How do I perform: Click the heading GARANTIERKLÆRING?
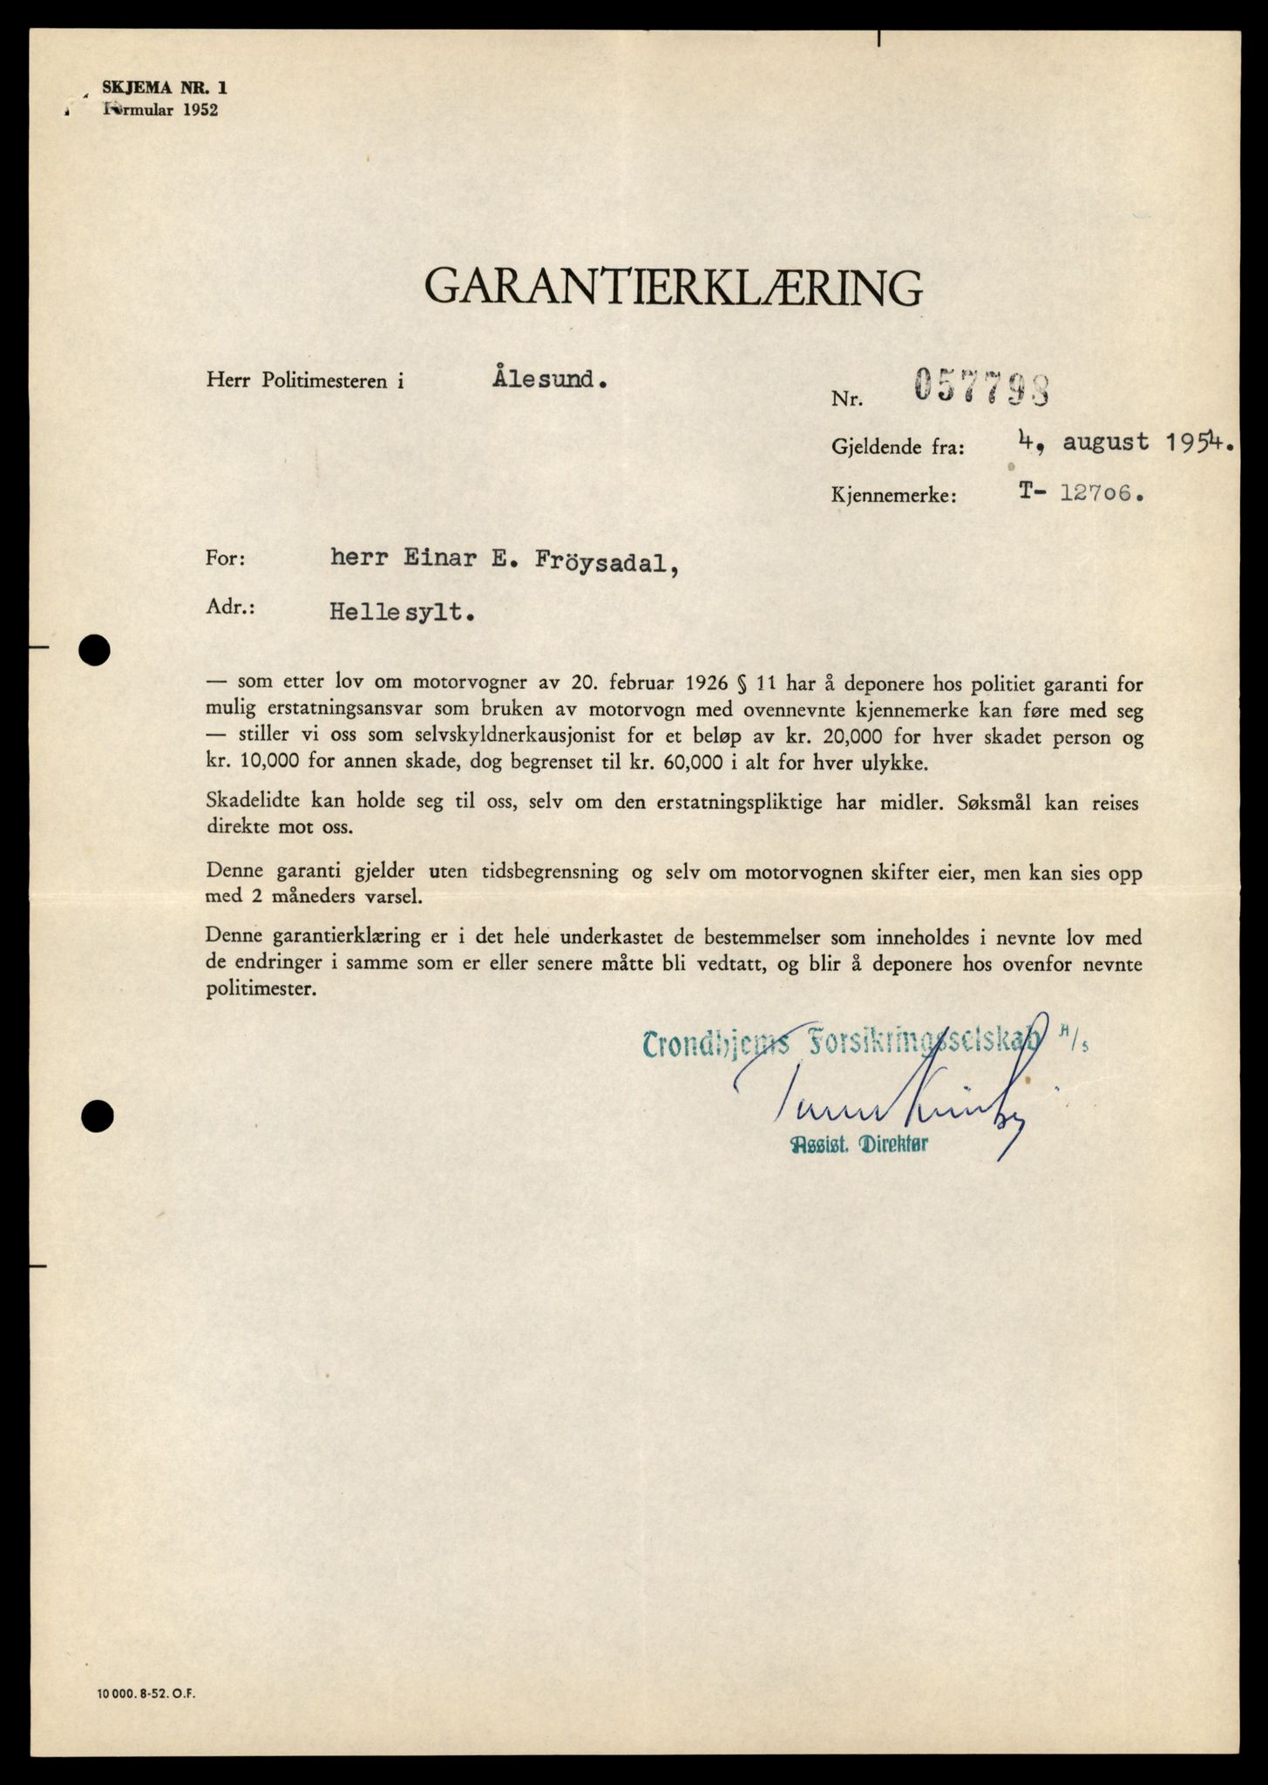tap(673, 286)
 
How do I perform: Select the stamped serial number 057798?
tap(980, 387)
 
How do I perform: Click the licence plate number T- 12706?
tap(1080, 493)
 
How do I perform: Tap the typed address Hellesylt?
tap(403, 612)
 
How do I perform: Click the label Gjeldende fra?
tap(898, 449)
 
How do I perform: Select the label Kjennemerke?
tap(894, 498)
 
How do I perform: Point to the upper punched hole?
tap(94, 649)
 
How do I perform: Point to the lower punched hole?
tap(97, 1116)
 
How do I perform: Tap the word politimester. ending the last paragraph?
tap(263, 990)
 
